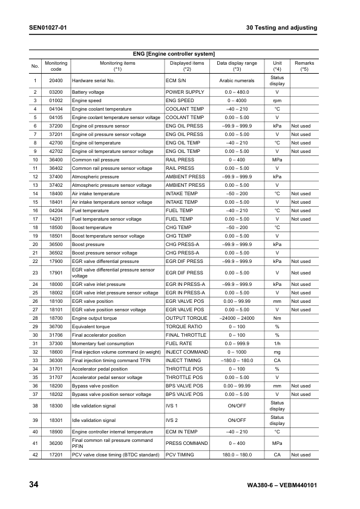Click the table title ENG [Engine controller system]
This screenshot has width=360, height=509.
coord(174,54)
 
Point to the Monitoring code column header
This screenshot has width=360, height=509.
coord(56,66)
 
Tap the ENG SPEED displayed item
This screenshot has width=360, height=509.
coord(180,100)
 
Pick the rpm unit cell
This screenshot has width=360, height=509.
coord(277,100)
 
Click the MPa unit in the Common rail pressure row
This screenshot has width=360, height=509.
coord(277,160)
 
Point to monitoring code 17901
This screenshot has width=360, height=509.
coord(56,273)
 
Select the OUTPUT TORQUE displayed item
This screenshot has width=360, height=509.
coord(186,318)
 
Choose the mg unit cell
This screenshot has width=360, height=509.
coord(277,352)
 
